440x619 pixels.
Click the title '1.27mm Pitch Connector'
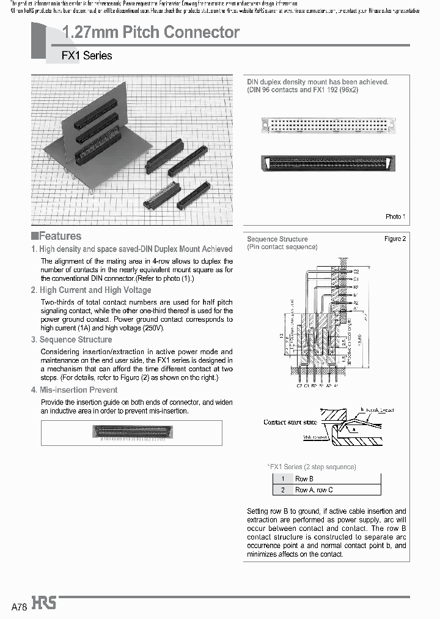point(151,32)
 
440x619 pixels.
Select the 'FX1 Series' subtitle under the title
point(87,56)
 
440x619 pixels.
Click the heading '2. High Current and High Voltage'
point(91,290)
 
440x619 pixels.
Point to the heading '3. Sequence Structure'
point(71,339)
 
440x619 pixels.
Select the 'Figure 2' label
point(395,239)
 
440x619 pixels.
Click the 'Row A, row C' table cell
point(314,490)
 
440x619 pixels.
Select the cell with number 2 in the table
point(283,490)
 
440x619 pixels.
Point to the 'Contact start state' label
point(290,422)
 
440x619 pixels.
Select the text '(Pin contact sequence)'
point(282,247)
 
